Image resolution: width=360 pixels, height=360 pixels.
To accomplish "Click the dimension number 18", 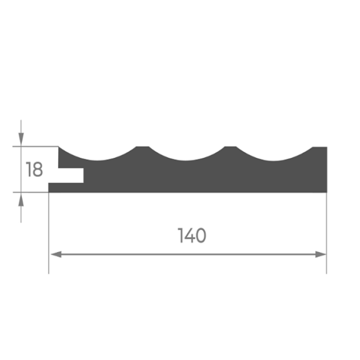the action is point(34,169).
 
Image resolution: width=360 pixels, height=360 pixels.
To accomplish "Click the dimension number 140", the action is point(192,236).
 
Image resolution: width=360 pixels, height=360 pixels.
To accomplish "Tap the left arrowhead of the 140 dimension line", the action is point(56,255).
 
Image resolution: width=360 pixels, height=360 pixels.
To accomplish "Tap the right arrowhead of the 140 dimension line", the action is point(320,255).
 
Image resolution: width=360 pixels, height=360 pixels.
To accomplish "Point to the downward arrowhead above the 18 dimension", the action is point(21,139).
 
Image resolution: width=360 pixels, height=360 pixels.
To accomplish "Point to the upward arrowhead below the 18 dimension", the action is point(21,200).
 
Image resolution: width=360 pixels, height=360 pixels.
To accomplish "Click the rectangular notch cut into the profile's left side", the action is point(71,175).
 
